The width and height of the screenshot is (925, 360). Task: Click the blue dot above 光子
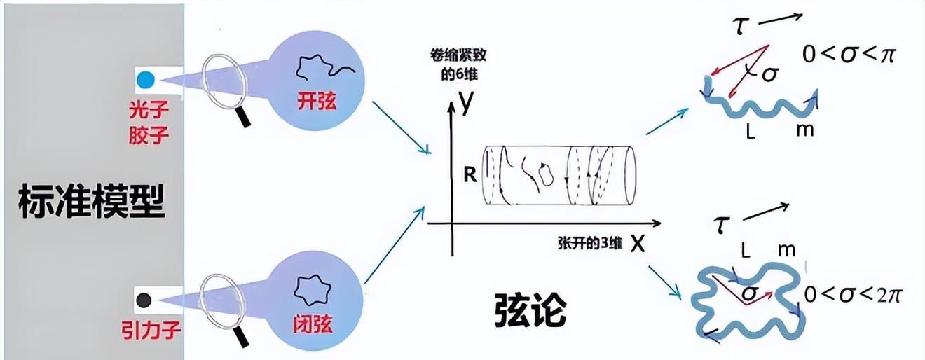(x=145, y=79)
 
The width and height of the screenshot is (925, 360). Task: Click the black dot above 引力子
(x=144, y=300)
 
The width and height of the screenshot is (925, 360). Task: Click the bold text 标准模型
(x=92, y=200)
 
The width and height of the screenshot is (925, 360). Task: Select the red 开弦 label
(x=317, y=102)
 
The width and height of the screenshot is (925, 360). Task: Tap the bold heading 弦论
(x=530, y=310)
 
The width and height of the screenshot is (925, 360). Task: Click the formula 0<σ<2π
(x=852, y=295)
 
